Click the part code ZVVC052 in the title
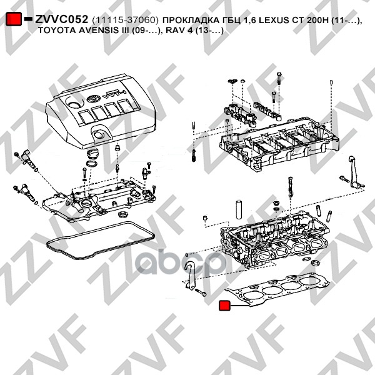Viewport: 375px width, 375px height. pyautogui.click(x=61, y=19)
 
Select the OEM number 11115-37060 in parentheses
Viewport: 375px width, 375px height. pyautogui.click(x=125, y=20)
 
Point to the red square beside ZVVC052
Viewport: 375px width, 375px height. pyautogui.click(x=14, y=19)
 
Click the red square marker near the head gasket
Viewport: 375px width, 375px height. pyautogui.click(x=224, y=306)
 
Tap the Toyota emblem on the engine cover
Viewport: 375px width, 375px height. pyautogui.click(x=92, y=99)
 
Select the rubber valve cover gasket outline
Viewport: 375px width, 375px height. pyautogui.click(x=101, y=241)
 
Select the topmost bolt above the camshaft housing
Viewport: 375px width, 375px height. pyautogui.click(x=279, y=78)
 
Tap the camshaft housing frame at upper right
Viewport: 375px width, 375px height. pyautogui.click(x=279, y=144)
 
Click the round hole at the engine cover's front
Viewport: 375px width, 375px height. pyautogui.click(x=98, y=135)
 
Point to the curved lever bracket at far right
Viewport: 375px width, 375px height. pyautogui.click(x=354, y=172)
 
